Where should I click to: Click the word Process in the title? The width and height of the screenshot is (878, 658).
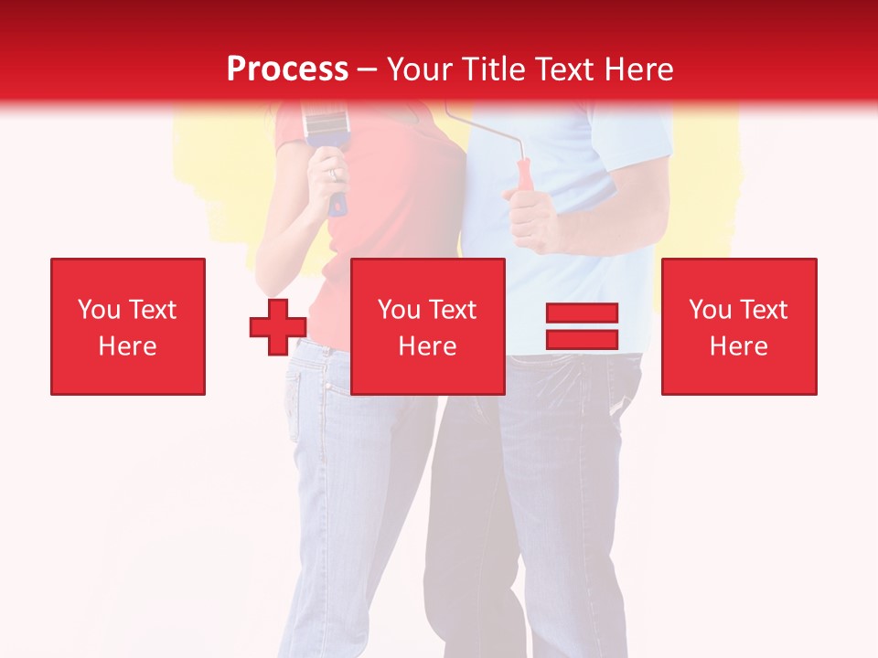(x=287, y=69)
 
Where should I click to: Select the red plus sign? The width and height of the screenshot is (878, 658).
(x=278, y=327)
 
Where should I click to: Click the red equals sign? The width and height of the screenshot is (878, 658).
(x=582, y=327)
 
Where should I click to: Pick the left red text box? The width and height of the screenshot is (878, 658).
(x=128, y=326)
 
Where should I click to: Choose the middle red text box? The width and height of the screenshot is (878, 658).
(x=428, y=326)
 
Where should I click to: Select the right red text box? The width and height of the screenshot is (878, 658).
(x=739, y=326)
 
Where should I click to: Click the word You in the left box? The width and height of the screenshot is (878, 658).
(x=99, y=310)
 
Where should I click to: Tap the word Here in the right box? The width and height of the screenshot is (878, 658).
(x=739, y=346)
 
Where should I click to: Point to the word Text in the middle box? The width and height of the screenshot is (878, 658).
(x=452, y=310)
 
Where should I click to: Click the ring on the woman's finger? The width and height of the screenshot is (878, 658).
(x=334, y=173)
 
